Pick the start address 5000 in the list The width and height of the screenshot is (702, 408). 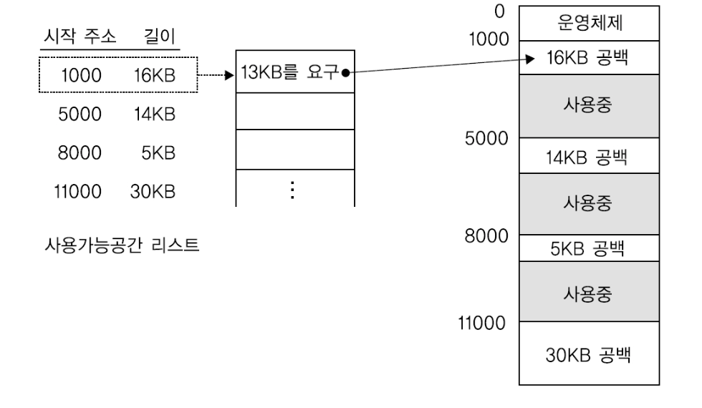[x=80, y=114]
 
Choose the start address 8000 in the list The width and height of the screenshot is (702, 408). [x=80, y=152]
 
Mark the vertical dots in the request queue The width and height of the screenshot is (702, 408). [x=294, y=189]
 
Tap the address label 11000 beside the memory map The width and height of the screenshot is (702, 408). [x=481, y=323]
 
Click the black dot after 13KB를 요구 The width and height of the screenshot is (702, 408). [x=345, y=72]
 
